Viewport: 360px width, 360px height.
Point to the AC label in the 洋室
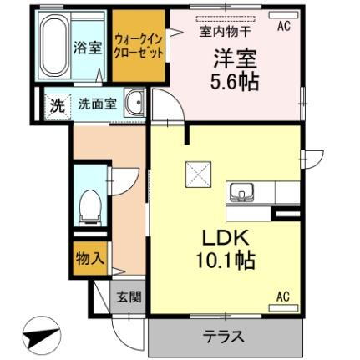coord(283,27)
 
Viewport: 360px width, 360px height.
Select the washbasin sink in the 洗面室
coord(134,106)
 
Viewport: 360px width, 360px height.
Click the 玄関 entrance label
coord(129,296)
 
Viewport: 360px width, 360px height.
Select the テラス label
coord(223,337)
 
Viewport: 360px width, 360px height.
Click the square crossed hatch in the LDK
coord(200,174)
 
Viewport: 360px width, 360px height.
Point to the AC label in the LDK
coord(283,296)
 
